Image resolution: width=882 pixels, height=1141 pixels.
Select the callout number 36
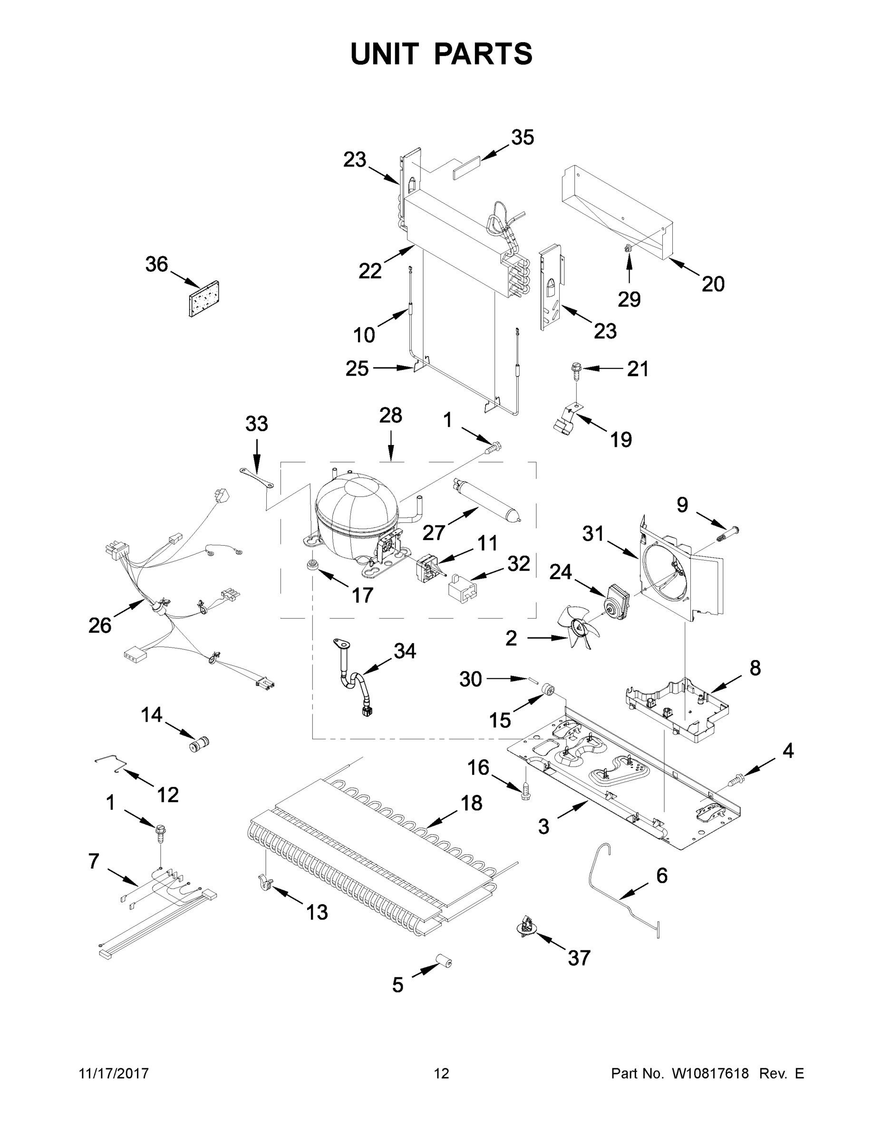pyautogui.click(x=156, y=264)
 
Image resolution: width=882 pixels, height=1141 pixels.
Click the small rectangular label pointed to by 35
pyautogui.click(x=465, y=169)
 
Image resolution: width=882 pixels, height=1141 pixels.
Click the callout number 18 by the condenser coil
pyautogui.click(x=471, y=803)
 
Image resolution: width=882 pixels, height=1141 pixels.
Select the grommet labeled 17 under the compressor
pyautogui.click(x=313, y=565)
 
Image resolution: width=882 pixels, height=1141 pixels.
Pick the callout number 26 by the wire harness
pyautogui.click(x=99, y=625)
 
